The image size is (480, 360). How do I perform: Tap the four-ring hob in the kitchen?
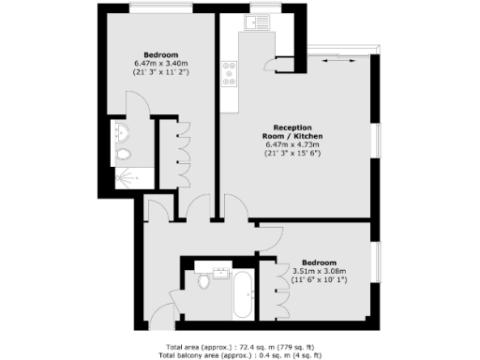click(228, 74)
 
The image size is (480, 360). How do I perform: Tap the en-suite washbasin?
click(124, 130)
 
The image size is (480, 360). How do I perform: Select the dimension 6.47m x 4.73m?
click(292, 144)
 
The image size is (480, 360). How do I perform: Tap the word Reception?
click(292, 127)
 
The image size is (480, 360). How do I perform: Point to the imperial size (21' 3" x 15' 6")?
click(292, 154)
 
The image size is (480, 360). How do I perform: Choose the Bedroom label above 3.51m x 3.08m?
click(320, 262)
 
